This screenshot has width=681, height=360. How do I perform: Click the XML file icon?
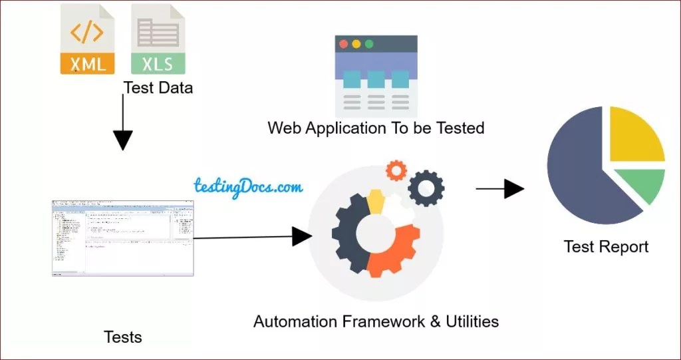[87, 39]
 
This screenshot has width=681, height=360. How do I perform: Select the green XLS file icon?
[158, 39]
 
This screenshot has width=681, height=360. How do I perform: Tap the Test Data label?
[158, 87]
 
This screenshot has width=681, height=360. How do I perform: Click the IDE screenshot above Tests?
[123, 238]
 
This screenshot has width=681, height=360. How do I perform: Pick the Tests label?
[123, 337]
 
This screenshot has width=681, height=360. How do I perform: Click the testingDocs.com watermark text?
[248, 186]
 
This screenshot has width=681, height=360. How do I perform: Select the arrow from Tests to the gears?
[253, 236]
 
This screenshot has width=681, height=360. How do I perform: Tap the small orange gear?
[396, 170]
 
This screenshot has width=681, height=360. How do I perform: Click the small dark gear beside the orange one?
[426, 188]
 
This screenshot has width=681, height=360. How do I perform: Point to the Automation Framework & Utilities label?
[376, 322]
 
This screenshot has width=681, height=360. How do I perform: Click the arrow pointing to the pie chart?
[500, 189]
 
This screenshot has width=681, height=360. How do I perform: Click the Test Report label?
[606, 247]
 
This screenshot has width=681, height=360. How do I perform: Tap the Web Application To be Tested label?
[376, 128]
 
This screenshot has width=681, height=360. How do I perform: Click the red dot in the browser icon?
[343, 44]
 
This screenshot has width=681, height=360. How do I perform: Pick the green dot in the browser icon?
[369, 44]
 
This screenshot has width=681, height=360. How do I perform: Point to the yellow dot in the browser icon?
[356, 44]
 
